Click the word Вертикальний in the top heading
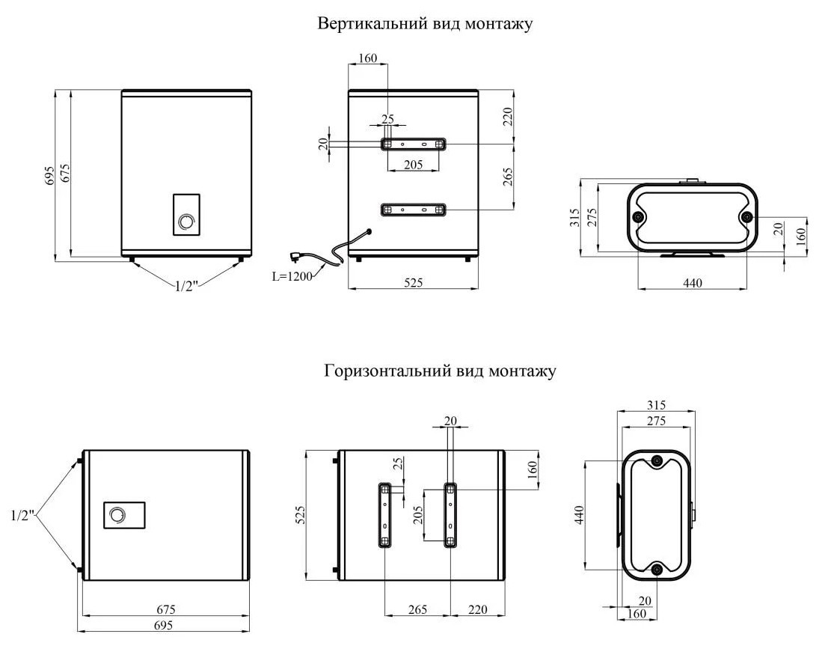(x=361, y=24)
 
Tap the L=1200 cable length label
(x=292, y=275)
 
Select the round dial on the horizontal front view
(x=117, y=515)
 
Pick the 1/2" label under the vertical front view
(x=187, y=285)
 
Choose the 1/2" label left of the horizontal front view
(x=22, y=515)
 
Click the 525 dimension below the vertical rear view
(x=414, y=282)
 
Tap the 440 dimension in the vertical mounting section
(x=693, y=282)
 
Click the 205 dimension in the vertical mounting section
(x=413, y=165)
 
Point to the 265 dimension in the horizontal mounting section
(x=417, y=610)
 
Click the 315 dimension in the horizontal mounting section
(x=657, y=405)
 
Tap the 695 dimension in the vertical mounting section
(x=49, y=176)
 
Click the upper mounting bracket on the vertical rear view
(x=414, y=143)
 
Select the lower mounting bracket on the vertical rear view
(x=414, y=210)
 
